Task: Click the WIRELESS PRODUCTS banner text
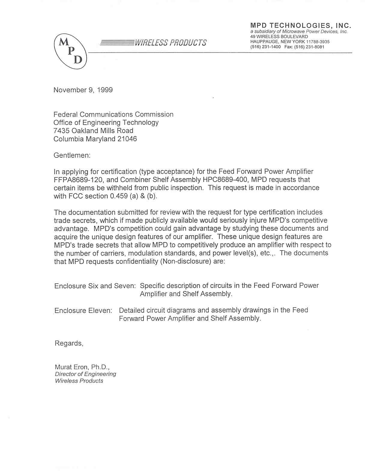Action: coord(171,43)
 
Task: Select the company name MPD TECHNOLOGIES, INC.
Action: coord(301,26)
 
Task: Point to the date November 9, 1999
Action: coord(83,90)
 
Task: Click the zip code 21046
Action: coord(127,139)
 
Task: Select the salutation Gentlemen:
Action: coord(72,155)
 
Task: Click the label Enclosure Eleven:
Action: coord(83,311)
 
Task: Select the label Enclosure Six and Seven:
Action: coord(95,286)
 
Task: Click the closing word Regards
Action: coord(69,343)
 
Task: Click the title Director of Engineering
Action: coord(86,374)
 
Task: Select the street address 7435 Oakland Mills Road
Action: coord(93,131)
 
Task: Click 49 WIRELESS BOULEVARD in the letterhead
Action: coord(279,37)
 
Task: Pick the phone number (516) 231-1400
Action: coord(265,47)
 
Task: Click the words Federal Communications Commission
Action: coord(113,114)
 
